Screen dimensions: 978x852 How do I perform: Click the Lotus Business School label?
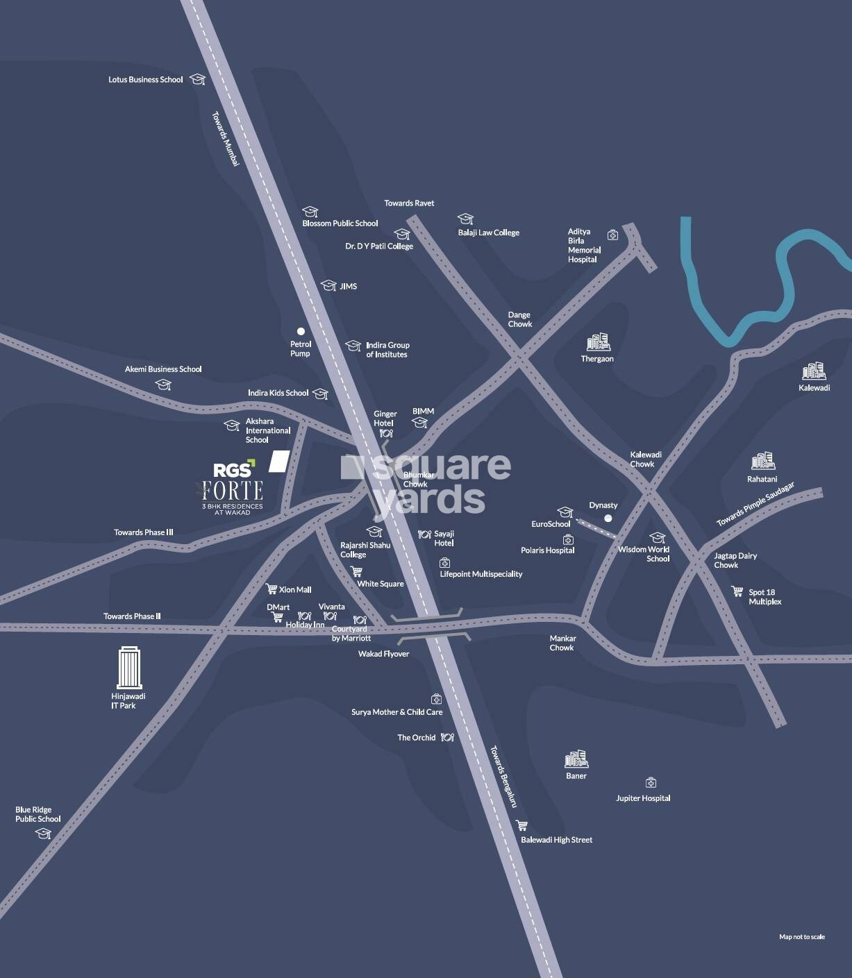pyautogui.click(x=146, y=80)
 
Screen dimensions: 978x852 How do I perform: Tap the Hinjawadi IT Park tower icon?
pyautogui.click(x=128, y=667)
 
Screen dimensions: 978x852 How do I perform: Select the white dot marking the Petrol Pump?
pyautogui.click(x=301, y=331)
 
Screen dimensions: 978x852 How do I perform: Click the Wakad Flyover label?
pyautogui.click(x=383, y=654)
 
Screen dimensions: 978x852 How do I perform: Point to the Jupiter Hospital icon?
pyautogui.click(x=651, y=783)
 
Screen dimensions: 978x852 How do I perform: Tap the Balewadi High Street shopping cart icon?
pyautogui.click(x=521, y=825)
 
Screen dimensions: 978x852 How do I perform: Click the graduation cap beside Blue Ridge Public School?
pyautogui.click(x=44, y=834)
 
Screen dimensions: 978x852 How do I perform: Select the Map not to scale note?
pyautogui.click(x=802, y=937)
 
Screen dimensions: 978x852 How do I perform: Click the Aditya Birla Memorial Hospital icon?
pyautogui.click(x=612, y=235)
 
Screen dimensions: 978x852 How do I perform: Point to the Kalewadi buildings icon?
pyautogui.click(x=814, y=371)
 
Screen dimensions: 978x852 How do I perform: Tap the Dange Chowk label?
pyautogui.click(x=519, y=319)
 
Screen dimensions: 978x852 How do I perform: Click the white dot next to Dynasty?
pyautogui.click(x=608, y=518)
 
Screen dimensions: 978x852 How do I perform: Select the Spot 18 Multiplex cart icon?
pyautogui.click(x=737, y=591)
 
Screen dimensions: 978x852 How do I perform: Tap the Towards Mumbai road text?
pyautogui.click(x=226, y=139)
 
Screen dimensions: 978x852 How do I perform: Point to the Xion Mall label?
pyautogui.click(x=295, y=589)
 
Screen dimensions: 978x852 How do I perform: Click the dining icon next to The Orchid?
pyautogui.click(x=447, y=737)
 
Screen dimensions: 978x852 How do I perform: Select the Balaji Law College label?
pyautogui.click(x=488, y=233)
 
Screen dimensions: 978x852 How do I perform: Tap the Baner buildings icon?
pyautogui.click(x=576, y=759)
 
